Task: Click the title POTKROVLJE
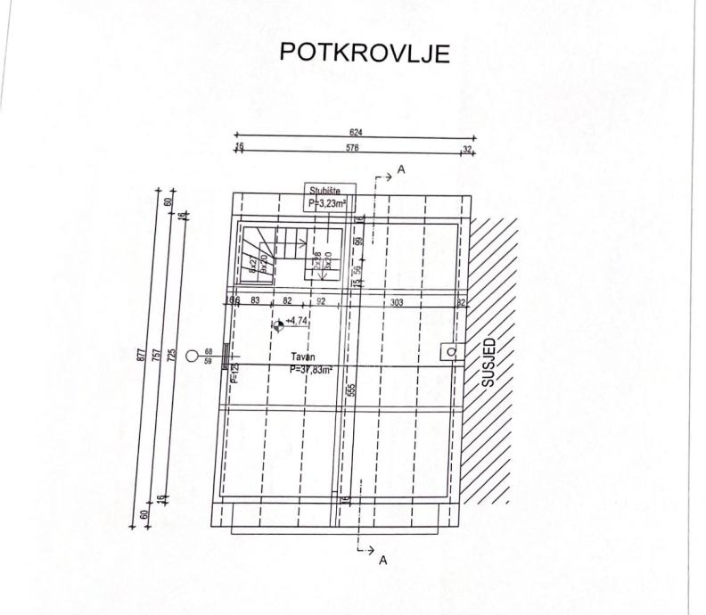tap(365, 53)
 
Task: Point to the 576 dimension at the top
tap(352, 149)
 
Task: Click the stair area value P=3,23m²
tap(326, 202)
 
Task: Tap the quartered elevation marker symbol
tap(280, 328)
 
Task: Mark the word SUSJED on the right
tap(488, 362)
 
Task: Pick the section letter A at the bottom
tap(383, 561)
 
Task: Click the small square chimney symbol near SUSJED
tap(452, 351)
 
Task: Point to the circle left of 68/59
tap(192, 357)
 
